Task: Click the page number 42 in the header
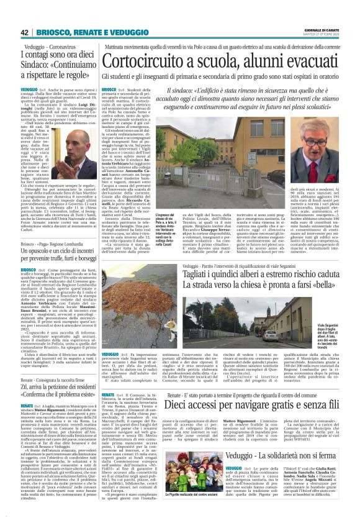(x=25, y=32)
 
